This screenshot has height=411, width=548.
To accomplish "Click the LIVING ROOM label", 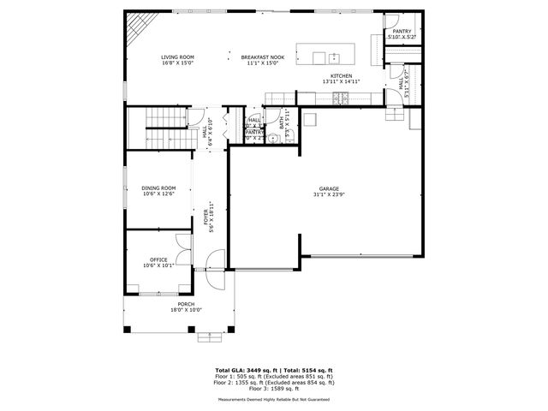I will pos(177,57).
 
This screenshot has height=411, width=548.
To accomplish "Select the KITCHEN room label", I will pos(342,76).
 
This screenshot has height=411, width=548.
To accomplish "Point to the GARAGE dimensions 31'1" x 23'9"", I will pos(330,194).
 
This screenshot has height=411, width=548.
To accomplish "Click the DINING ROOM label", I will pos(158,188).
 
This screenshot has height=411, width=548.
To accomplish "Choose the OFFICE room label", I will pos(158,260).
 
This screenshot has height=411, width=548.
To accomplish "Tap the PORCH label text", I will pos(186,304).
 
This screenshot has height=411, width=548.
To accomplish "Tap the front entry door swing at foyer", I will pos(217,259).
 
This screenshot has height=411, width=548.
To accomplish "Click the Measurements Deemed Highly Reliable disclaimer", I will pos(273,399).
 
